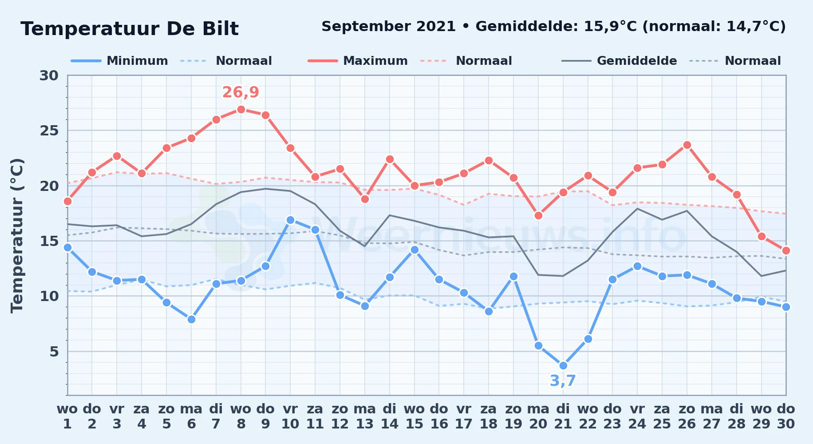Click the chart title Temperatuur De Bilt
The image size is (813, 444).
(130, 29)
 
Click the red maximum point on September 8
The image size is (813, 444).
(241, 109)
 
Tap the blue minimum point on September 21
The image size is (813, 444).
(563, 365)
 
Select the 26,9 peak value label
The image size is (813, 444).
(241, 92)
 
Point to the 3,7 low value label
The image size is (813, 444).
(563, 381)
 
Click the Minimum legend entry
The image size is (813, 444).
(119, 61)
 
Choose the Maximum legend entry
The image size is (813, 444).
(358, 61)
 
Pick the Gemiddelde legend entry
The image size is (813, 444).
(619, 61)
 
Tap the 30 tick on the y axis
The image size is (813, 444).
(49, 75)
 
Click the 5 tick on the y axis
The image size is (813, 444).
(54, 352)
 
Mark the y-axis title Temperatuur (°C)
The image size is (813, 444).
(17, 235)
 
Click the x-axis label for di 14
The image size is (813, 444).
(390, 416)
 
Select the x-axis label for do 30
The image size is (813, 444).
(786, 416)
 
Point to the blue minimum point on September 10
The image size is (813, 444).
(290, 220)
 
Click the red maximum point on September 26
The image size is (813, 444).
(687, 145)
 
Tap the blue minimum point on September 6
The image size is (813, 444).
(191, 319)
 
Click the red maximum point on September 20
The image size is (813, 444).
(538, 215)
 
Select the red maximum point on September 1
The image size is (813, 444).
(67, 201)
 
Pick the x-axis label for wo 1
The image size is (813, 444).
(67, 416)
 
